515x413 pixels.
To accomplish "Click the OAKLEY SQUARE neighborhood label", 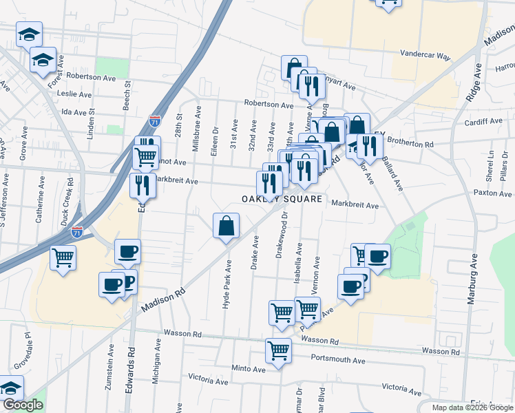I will point(282,199).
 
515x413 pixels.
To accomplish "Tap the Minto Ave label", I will point(249,368).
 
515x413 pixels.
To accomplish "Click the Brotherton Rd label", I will point(410,145).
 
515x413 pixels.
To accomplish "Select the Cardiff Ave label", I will point(483,121).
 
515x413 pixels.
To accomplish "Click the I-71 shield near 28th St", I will point(156,123).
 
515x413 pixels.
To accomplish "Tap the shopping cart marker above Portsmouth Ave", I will point(279,351).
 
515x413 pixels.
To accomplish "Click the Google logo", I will point(23,405).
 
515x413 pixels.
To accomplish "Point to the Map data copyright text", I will point(473,407).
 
